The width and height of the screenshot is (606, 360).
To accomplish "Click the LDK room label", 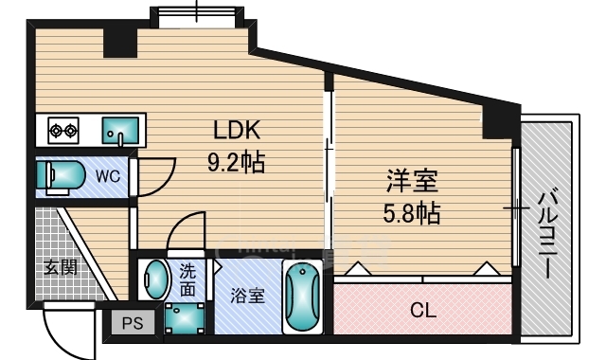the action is coord(236,131).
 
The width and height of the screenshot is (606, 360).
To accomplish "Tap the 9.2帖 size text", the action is coord(236,162).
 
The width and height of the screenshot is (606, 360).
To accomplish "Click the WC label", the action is coord(106,176).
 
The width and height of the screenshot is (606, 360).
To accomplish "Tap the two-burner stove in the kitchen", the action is coord(62,130).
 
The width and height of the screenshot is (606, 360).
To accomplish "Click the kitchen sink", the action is coord(119,130).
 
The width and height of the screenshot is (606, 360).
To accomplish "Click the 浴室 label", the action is coord(247,296).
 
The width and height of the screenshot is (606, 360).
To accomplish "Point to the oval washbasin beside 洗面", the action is coord(155,279).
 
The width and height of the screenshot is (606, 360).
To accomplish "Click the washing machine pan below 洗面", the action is coord(181,318).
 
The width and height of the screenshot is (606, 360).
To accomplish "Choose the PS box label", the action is coord(133,324).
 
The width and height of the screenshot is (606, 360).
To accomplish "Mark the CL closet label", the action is coord(421,309).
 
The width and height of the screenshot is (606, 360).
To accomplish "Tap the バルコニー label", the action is coord(546,233).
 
